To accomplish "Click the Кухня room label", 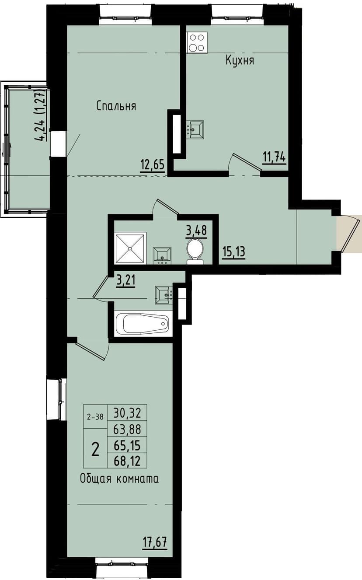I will (x=240, y=60).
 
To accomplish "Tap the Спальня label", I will (x=116, y=106).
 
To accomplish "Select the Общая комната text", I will (x=119, y=479).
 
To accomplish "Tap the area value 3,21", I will (x=125, y=279).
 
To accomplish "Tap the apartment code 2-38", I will (x=95, y=417).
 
